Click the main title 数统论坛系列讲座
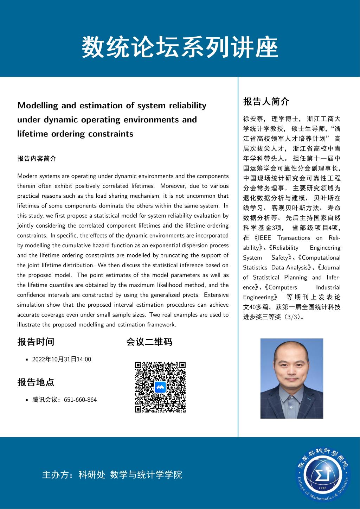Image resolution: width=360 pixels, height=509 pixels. pyautogui.click(x=180, y=47)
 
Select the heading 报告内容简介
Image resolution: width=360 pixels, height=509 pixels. pyautogui.click(x=37, y=159)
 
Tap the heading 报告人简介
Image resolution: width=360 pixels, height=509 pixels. pyautogui.click(x=266, y=102)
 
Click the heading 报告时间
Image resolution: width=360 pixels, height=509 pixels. pyautogui.click(x=36, y=342)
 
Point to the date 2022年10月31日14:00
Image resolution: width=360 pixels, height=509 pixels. pyautogui.click(x=62, y=359)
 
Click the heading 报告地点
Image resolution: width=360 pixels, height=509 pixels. pyautogui.click(x=36, y=382)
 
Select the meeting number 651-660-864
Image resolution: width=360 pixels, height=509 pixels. pyautogui.click(x=80, y=400)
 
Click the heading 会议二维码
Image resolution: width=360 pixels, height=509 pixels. pyautogui.click(x=149, y=342)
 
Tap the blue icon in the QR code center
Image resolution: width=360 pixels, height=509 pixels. pyautogui.click(x=160, y=387)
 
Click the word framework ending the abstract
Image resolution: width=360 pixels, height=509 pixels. pyautogui.click(x=160, y=325)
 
